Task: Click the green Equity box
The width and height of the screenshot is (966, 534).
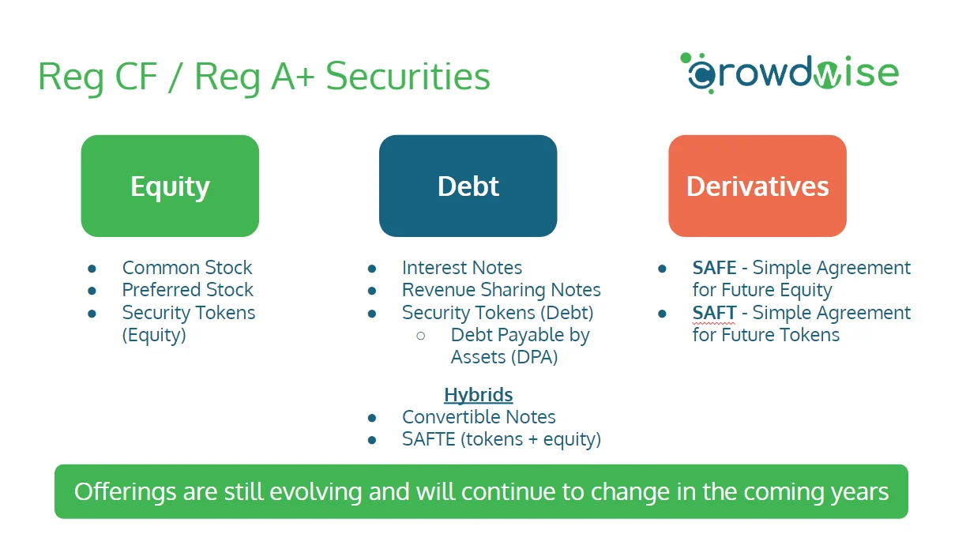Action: tap(170, 186)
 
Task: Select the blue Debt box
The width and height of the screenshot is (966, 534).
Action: tap(468, 186)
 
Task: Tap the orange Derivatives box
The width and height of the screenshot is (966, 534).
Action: tap(757, 186)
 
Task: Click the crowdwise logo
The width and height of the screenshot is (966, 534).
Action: tap(790, 73)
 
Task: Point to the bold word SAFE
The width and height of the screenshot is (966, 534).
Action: tap(714, 268)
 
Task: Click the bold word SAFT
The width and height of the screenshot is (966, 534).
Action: tap(714, 313)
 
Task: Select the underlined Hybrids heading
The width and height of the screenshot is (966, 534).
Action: tap(478, 395)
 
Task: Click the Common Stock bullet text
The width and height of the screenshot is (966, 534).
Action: tap(187, 268)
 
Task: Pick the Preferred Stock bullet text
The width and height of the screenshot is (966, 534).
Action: tap(188, 290)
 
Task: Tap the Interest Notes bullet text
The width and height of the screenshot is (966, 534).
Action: tap(462, 268)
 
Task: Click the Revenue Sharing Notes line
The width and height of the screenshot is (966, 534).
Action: tap(501, 290)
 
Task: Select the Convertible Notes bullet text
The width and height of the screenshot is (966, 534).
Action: tap(479, 417)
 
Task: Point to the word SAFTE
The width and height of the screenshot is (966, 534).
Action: tap(429, 439)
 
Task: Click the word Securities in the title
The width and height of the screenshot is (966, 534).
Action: tap(408, 76)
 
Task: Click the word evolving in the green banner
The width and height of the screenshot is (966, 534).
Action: tap(315, 491)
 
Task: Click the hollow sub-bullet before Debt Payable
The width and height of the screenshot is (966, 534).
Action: tap(421, 336)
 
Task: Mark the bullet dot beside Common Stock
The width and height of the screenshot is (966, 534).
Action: tap(92, 269)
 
